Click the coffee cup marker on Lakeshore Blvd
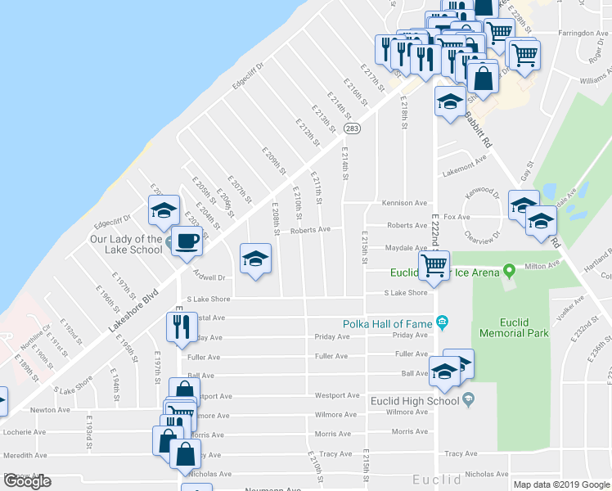[x=187, y=241]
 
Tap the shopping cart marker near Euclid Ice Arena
[x=433, y=264]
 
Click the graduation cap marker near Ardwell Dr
[x=255, y=259]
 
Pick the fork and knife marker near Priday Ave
[x=180, y=326]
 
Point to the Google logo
[x=27, y=481]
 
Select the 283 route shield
[x=352, y=128]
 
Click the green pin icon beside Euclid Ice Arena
[x=509, y=269]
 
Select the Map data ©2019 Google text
[x=561, y=484]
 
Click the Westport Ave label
[x=337, y=395]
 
